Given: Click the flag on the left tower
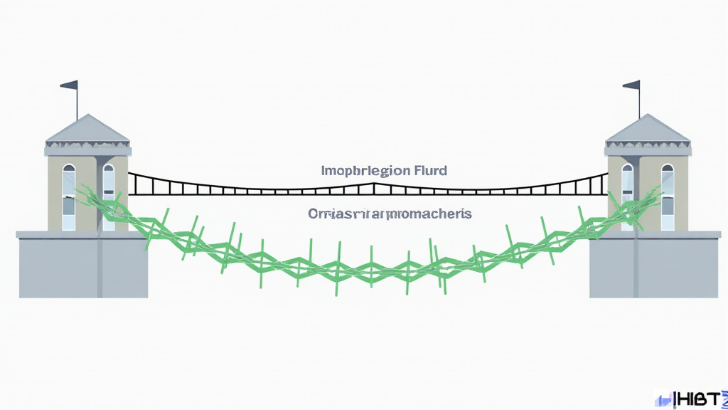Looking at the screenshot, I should point(70,85).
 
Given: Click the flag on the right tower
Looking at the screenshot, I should point(631,85).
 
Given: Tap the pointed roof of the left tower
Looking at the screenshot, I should point(87,129).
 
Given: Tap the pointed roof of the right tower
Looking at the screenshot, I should point(648,129).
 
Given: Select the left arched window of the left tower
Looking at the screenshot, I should point(68,196).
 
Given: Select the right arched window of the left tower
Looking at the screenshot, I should point(108,196).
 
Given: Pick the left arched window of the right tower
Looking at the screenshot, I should point(628,196).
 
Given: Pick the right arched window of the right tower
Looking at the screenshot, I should point(668,196).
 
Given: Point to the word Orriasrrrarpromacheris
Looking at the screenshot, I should point(390,214).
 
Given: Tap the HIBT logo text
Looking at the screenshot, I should point(697,399).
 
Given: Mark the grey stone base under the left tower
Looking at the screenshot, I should point(82,267).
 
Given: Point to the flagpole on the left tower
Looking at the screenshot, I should point(77,103).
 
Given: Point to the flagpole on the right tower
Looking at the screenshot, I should point(639,103).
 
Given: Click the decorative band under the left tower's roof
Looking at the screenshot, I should point(87,149).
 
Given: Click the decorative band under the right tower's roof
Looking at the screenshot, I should point(648,149).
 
